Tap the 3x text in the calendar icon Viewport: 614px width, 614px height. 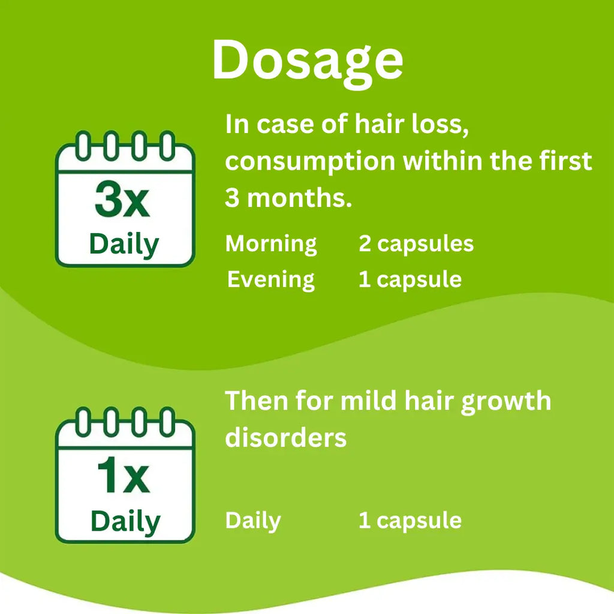click(x=122, y=201)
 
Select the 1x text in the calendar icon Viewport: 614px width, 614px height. click(x=123, y=477)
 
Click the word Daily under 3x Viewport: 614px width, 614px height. click(x=124, y=245)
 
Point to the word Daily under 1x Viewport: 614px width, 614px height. click(x=125, y=522)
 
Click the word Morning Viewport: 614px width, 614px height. click(x=271, y=244)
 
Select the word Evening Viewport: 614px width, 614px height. click(x=271, y=280)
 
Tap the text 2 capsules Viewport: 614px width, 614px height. click(x=416, y=244)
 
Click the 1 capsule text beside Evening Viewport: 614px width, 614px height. click(x=410, y=280)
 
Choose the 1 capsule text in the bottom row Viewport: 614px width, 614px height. click(x=410, y=520)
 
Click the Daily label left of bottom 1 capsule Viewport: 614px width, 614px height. click(x=252, y=520)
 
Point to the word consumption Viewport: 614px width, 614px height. click(x=310, y=161)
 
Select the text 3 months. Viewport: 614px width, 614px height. click(x=288, y=198)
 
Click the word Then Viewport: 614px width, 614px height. click(x=256, y=400)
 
